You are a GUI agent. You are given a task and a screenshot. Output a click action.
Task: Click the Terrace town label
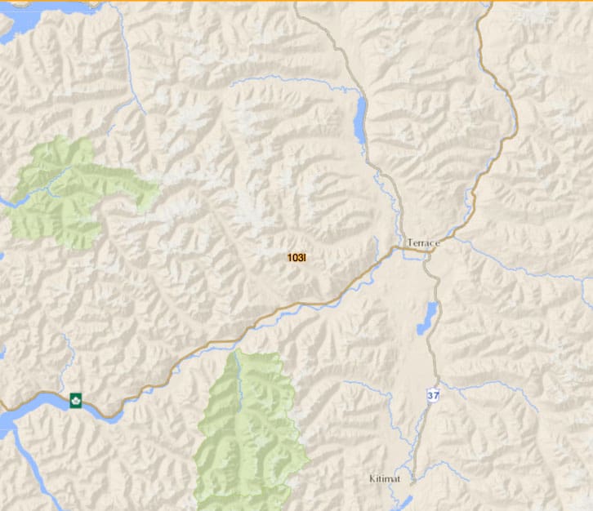point(423,243)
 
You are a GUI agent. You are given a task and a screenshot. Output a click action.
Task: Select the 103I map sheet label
point(296,258)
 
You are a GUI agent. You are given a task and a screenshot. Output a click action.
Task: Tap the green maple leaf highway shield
point(76,400)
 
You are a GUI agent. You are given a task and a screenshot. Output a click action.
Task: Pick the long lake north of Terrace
point(360,120)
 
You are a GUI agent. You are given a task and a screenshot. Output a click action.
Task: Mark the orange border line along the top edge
point(296,1)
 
